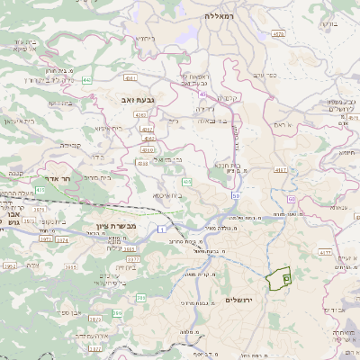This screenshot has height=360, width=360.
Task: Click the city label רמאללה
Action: pyautogui.click(x=219, y=16)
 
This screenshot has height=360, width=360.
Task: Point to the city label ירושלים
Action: pyautogui.click(x=238, y=299)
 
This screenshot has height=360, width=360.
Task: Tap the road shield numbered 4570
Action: pyautogui.click(x=278, y=33)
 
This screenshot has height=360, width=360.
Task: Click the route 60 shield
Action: pyautogui.click(x=292, y=198)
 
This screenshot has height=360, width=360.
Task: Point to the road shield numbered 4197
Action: pyautogui.click(x=280, y=169)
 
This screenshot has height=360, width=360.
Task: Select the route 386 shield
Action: pyautogui.click(x=118, y=312)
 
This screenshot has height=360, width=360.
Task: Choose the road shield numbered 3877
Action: pyautogui.click(x=94, y=346)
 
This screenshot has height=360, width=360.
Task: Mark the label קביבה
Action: pyautogui.click(x=70, y=144)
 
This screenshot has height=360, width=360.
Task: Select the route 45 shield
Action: pyautogui.click(x=203, y=93)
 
